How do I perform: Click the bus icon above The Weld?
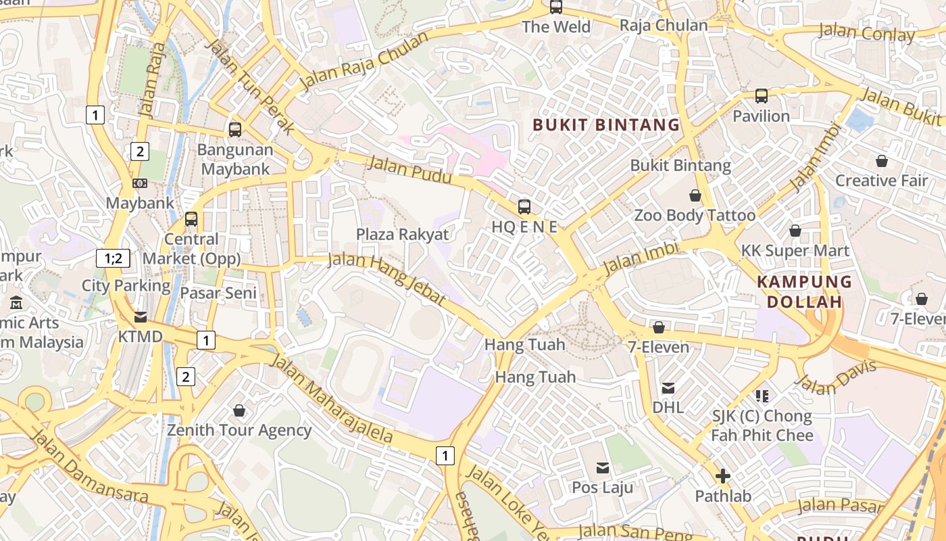[x=556, y=7]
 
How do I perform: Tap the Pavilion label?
[x=762, y=116]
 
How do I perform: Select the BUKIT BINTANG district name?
[x=606, y=124]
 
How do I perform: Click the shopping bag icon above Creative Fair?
[x=881, y=161]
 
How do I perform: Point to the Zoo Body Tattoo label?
[x=695, y=216]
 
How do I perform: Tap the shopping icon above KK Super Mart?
[x=795, y=231]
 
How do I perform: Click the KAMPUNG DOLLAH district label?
[x=804, y=291]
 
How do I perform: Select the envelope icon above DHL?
[x=668, y=388]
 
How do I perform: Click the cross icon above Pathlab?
[x=723, y=476]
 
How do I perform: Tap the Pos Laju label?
[x=603, y=488]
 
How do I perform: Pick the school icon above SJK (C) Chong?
[x=762, y=396]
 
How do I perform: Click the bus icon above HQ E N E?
[x=524, y=207]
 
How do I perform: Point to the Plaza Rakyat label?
[x=403, y=235]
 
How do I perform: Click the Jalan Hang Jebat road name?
[x=387, y=279]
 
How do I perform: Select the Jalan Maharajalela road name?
[x=331, y=398]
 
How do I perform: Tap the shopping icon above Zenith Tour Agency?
[x=239, y=410]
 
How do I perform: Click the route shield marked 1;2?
[x=113, y=258]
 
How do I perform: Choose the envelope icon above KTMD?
[x=141, y=317]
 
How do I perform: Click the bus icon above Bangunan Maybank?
[x=235, y=129]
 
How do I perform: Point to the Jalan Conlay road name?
[x=866, y=32]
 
